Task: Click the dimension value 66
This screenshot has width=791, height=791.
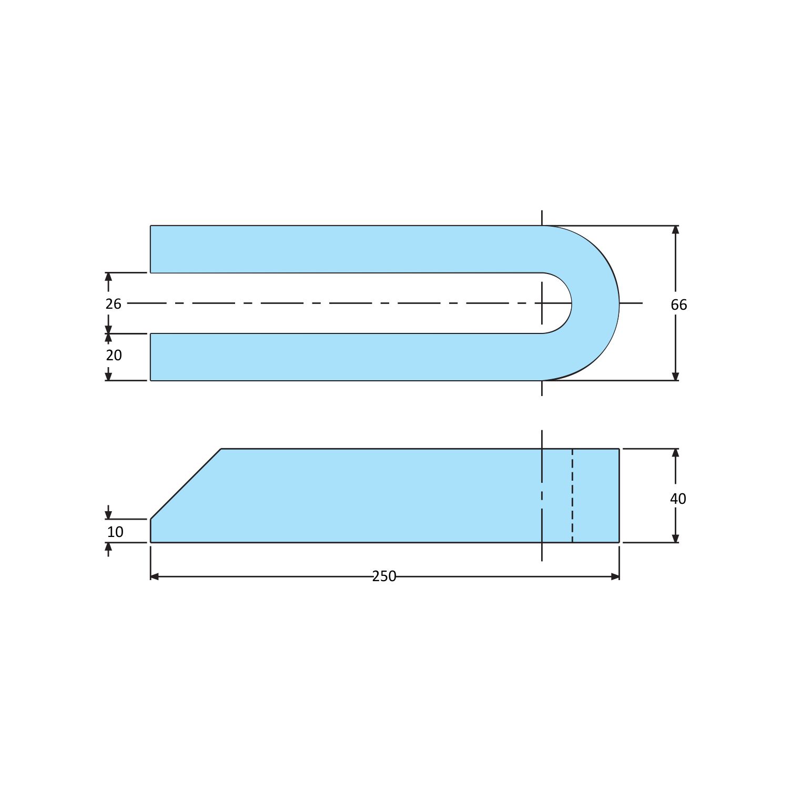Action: click(x=678, y=305)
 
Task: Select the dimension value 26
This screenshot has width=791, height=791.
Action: click(x=113, y=304)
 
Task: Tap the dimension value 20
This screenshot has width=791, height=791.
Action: click(x=114, y=356)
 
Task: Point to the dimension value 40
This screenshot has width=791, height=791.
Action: click(x=678, y=499)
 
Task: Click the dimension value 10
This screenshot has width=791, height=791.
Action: click(x=115, y=532)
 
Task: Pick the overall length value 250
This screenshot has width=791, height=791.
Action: click(x=384, y=576)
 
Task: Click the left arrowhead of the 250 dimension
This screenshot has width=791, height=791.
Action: click(x=155, y=577)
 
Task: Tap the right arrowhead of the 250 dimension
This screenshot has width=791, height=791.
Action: click(x=615, y=577)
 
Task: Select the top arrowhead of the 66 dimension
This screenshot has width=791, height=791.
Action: click(x=675, y=230)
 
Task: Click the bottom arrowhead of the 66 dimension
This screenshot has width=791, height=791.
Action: click(x=675, y=376)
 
